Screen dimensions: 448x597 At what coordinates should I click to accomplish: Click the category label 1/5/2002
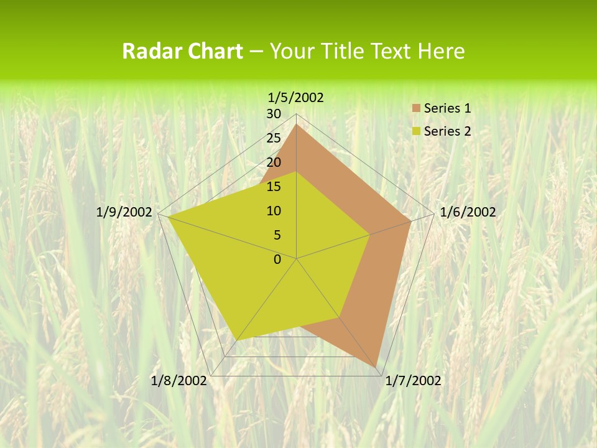coord(296,97)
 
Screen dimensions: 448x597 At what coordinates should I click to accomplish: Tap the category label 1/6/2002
coord(468,212)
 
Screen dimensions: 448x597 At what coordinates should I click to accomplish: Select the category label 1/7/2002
coord(413,381)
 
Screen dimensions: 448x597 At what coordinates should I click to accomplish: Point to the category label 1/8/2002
coord(178,381)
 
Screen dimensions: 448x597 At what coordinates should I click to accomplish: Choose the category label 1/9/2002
coord(124,212)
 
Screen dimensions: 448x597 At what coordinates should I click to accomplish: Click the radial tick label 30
coord(274,114)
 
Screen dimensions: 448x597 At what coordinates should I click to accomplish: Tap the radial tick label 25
coord(274,138)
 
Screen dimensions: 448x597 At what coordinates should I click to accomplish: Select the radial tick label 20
coord(274,162)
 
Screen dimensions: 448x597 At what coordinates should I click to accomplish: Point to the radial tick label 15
coord(274,187)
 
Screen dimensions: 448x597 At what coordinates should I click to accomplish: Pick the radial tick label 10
coord(274,211)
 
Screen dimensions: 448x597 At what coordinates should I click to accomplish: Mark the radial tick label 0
coord(277,259)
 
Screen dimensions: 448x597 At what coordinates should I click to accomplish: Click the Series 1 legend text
coord(447,108)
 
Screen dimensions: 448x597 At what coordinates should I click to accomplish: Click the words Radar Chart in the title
coord(182,51)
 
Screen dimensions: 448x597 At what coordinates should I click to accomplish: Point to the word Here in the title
coord(442,51)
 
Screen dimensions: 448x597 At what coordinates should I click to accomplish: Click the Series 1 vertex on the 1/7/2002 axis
coord(377,368)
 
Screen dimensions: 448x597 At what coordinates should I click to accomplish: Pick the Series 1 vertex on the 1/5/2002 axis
coord(297,124)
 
